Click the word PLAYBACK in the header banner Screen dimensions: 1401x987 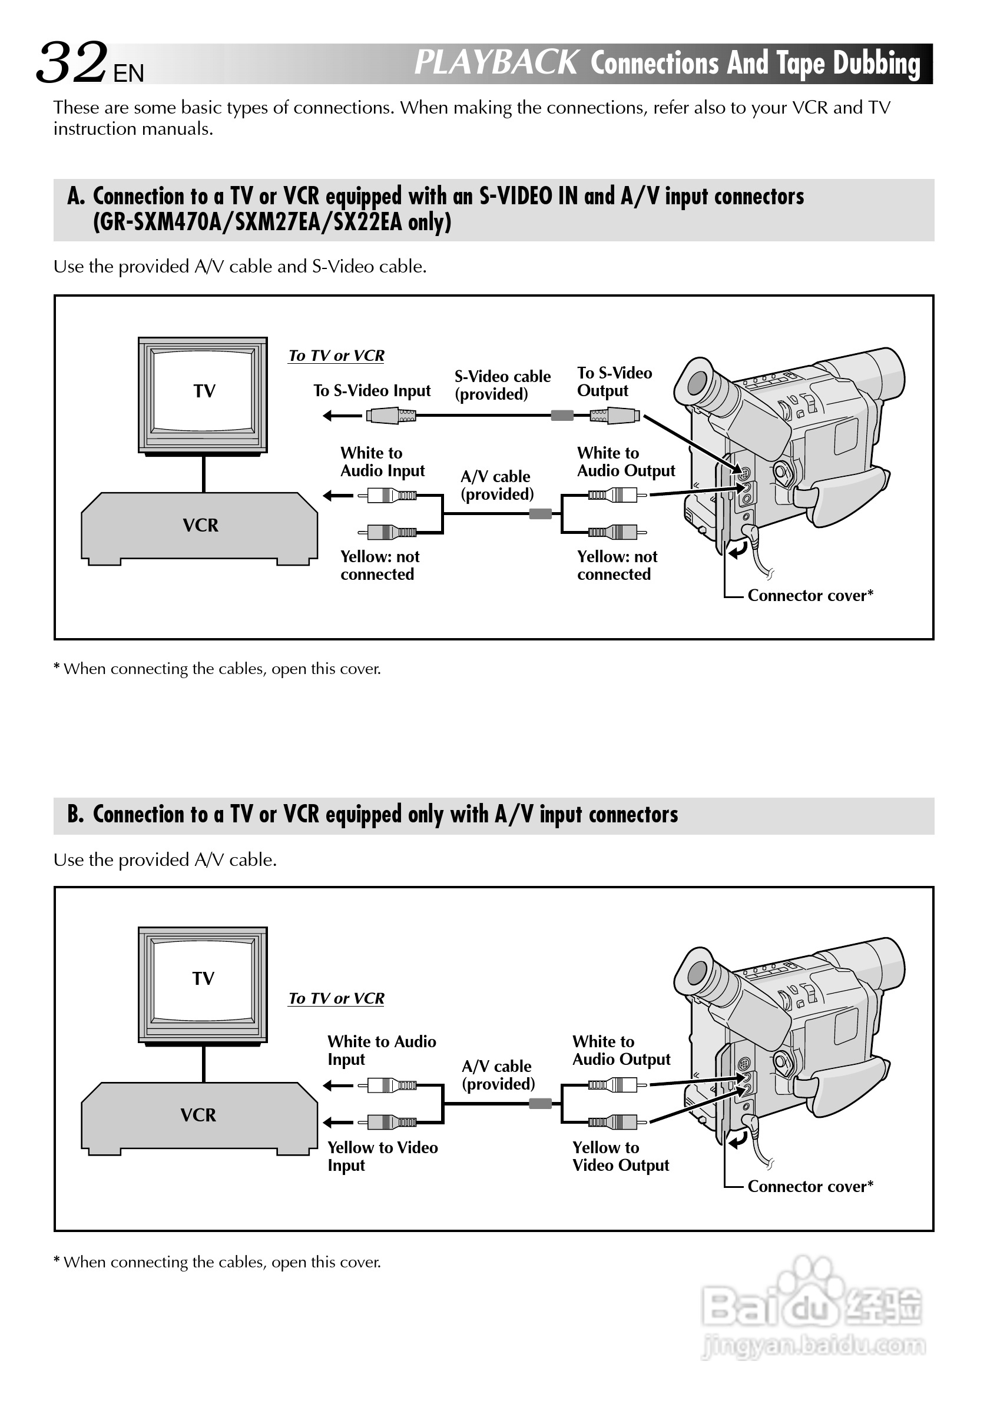[x=496, y=63]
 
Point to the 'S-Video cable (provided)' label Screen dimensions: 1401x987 [x=502, y=385]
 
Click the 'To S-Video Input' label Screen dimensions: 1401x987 [x=372, y=390]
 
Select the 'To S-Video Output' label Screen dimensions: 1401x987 [x=614, y=382]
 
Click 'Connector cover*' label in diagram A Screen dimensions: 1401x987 [x=810, y=596]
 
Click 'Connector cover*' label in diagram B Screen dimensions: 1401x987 [x=810, y=1187]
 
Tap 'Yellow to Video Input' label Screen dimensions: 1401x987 [x=382, y=1156]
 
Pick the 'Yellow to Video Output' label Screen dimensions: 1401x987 [x=620, y=1156]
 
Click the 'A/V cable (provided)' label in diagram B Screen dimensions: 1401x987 [x=498, y=1075]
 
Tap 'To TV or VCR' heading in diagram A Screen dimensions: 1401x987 [x=336, y=356]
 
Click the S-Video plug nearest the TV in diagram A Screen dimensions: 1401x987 [x=391, y=416]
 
